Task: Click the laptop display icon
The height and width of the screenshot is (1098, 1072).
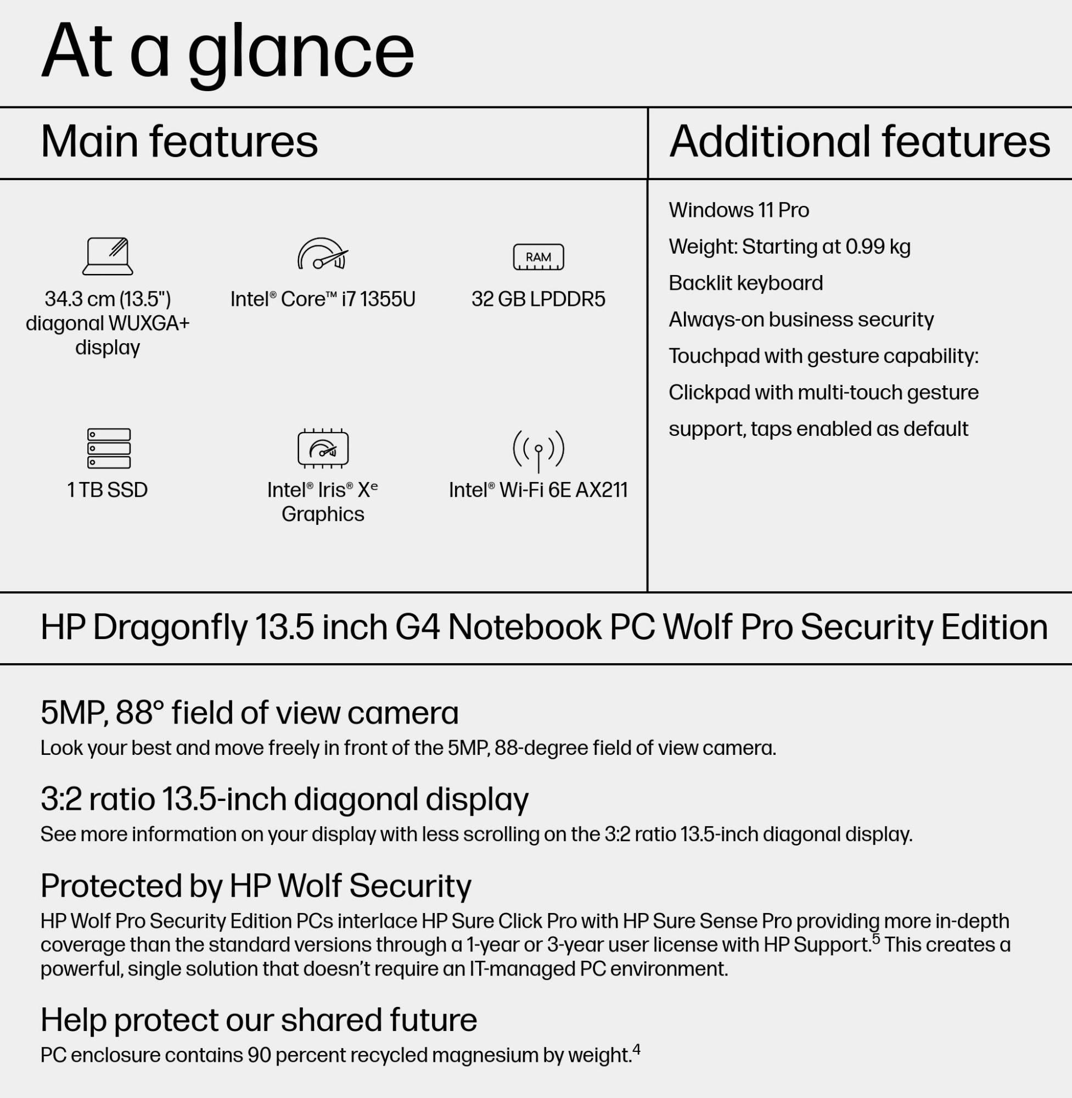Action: pos(108,256)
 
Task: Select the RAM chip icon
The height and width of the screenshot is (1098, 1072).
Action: pos(538,257)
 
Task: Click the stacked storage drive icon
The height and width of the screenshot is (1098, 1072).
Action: pos(109,448)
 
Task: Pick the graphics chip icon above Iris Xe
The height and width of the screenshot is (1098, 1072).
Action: pos(323,449)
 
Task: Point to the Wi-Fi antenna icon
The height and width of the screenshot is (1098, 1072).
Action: pos(538,450)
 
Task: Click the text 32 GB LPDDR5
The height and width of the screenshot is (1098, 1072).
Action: pos(538,299)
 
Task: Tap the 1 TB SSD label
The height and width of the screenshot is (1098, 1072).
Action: pos(108,490)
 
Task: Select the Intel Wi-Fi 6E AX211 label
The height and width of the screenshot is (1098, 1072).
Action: pos(538,490)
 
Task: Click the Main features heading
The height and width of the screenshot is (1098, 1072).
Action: pos(179,141)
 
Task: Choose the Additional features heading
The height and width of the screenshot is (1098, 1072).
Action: pos(859,141)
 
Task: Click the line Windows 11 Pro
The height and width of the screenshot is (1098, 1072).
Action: pos(739,210)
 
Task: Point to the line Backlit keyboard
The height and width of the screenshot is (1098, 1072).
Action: pos(745,283)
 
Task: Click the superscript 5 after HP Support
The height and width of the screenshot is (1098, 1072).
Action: pos(875,939)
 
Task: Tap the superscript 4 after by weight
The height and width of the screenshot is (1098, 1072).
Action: pos(636,1049)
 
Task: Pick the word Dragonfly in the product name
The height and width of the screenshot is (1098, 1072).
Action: pos(170,628)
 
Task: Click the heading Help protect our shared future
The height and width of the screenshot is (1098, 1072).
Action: pos(259,1019)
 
